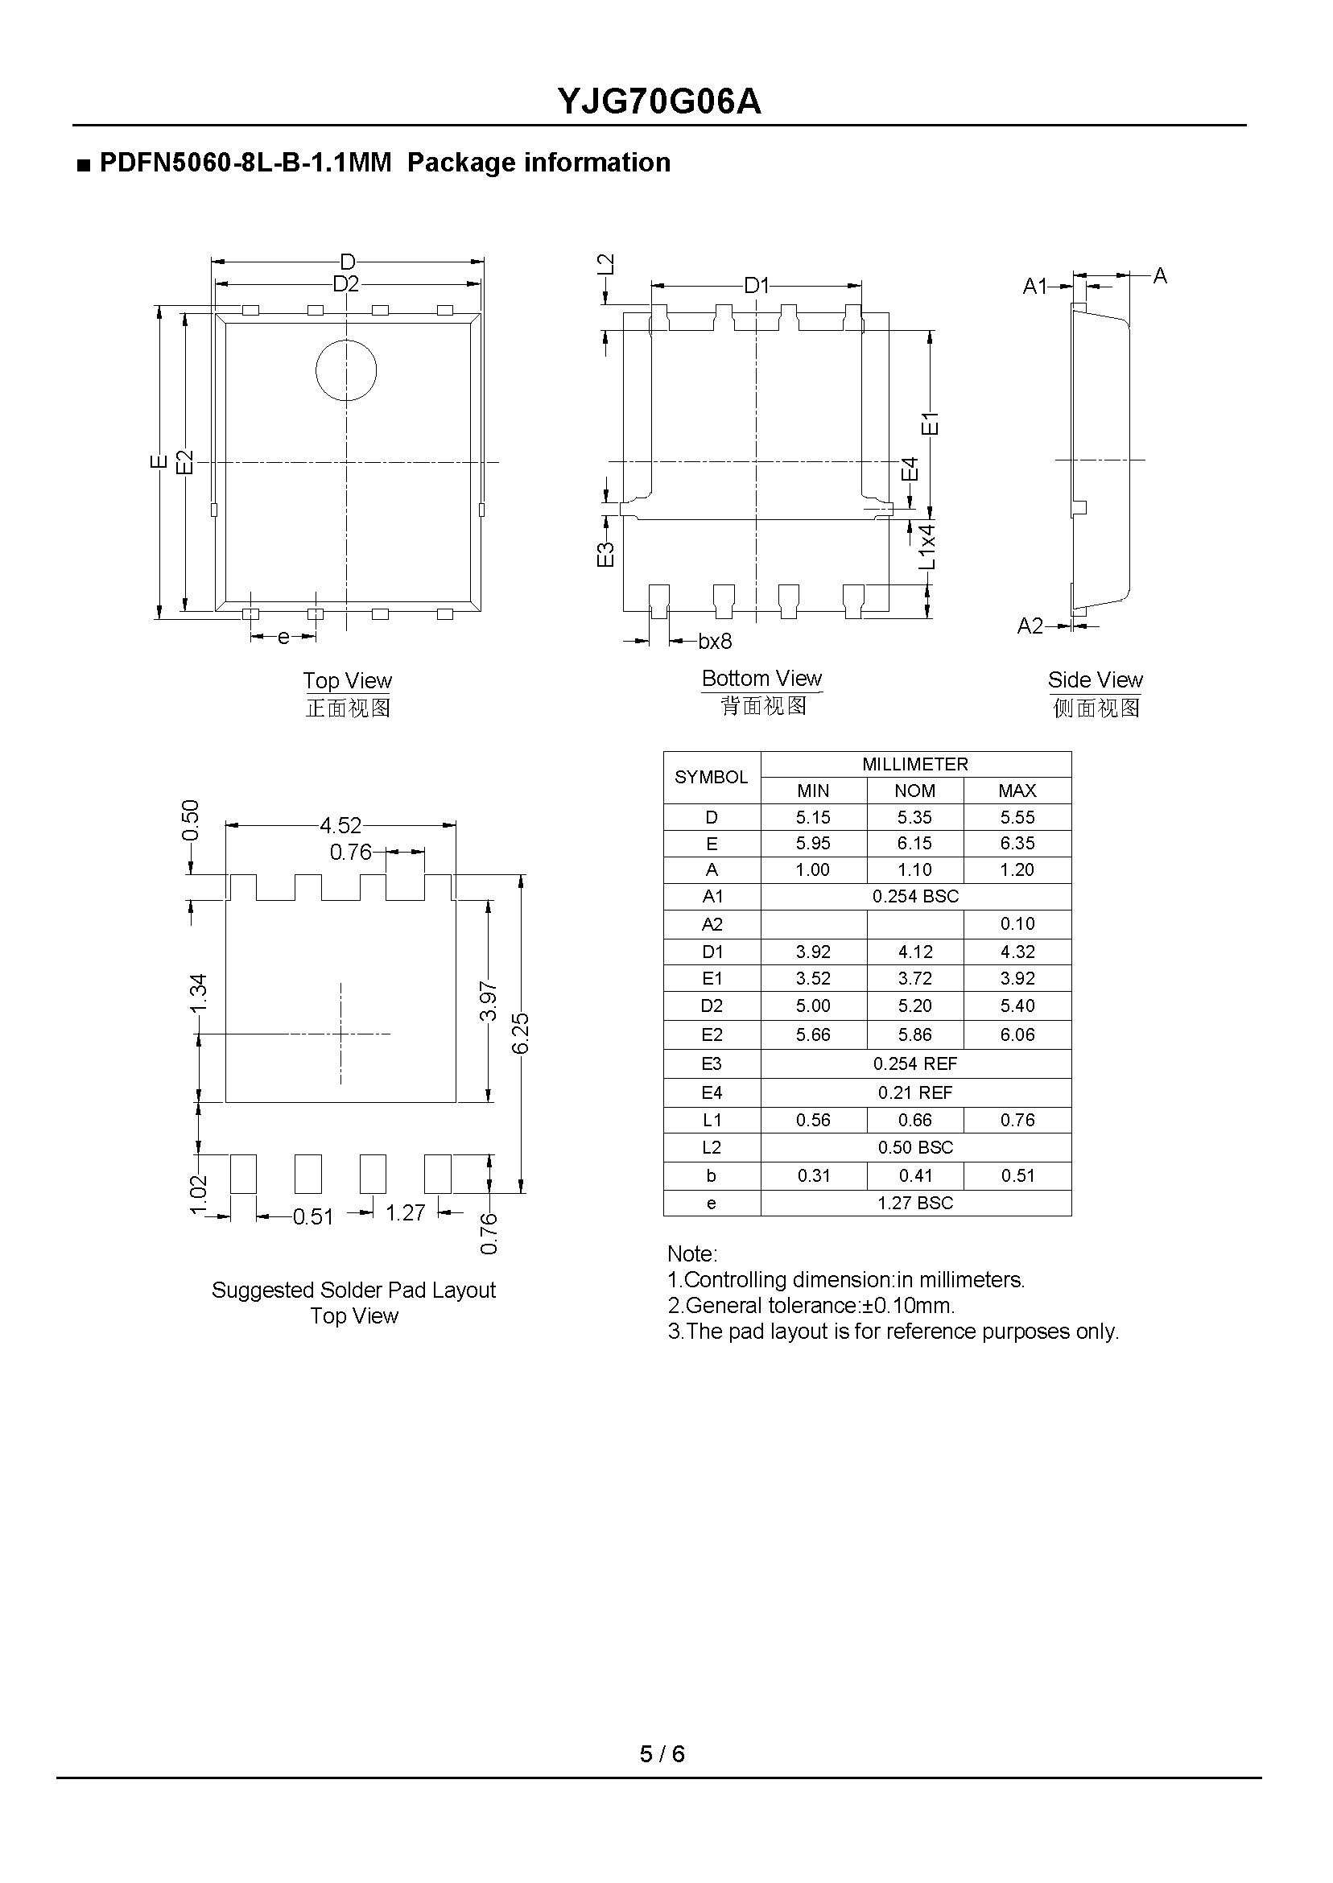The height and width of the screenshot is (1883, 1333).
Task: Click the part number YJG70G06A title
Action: pyautogui.click(x=659, y=101)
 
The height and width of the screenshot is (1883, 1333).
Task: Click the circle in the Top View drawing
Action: pyautogui.click(x=345, y=371)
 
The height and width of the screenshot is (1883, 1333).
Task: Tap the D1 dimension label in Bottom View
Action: pyautogui.click(x=756, y=286)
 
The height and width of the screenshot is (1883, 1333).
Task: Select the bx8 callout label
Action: pyautogui.click(x=714, y=641)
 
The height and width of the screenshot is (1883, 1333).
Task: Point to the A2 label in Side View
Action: pyautogui.click(x=1030, y=626)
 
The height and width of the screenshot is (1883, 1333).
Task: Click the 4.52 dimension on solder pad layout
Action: pyautogui.click(x=340, y=825)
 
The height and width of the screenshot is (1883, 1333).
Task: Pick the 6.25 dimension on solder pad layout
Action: pyautogui.click(x=519, y=1033)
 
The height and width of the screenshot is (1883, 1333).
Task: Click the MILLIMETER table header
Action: pyautogui.click(x=914, y=764)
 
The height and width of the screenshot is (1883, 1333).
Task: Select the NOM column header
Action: pyautogui.click(x=914, y=791)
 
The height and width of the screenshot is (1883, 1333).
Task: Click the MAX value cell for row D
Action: pyautogui.click(x=1017, y=818)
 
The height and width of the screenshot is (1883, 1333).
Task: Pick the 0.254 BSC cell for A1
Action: pyautogui.click(x=914, y=896)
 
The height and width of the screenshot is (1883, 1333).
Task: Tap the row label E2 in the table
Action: pyautogui.click(x=711, y=1035)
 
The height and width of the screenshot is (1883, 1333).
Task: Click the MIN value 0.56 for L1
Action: pyautogui.click(x=813, y=1120)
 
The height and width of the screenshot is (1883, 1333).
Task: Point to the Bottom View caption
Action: pyautogui.click(x=761, y=679)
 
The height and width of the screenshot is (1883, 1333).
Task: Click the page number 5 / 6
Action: pyautogui.click(x=662, y=1754)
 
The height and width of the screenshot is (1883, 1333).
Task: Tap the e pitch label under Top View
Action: pyautogui.click(x=283, y=638)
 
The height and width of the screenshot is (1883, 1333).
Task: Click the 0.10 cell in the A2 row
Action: pyautogui.click(x=1017, y=923)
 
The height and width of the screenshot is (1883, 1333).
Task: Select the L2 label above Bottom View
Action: pyautogui.click(x=605, y=264)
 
